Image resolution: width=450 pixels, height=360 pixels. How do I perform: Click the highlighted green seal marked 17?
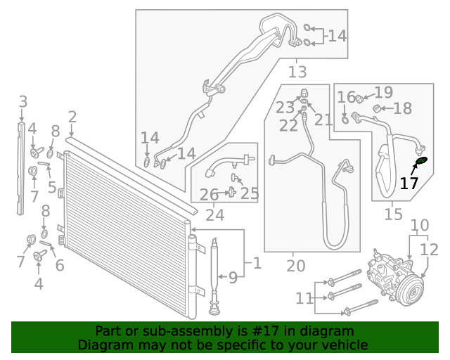[x=420, y=162]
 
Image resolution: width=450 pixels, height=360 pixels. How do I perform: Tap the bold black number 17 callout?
[x=409, y=184]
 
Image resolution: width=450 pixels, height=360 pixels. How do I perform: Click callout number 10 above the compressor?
[x=419, y=226]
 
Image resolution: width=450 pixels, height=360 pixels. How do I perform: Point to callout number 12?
[x=430, y=250]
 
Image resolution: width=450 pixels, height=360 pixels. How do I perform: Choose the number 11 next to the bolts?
[x=304, y=298]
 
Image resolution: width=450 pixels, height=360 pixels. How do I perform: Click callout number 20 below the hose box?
[x=296, y=266]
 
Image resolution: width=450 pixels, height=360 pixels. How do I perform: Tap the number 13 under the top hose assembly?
[x=297, y=71]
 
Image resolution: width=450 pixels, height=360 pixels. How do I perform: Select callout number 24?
[x=214, y=216]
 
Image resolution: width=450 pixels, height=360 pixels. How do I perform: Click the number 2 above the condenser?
[x=72, y=117]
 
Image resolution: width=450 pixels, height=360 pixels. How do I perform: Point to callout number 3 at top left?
[x=22, y=101]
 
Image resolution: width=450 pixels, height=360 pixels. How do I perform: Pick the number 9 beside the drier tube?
[x=233, y=277]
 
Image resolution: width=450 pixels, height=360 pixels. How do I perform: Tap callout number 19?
[x=383, y=93]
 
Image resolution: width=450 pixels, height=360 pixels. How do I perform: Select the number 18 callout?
[x=402, y=108]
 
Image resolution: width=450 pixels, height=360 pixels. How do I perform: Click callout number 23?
[x=285, y=108]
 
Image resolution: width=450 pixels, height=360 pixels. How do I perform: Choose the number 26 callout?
[x=210, y=194]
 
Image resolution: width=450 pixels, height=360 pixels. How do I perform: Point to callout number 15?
[x=394, y=213]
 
